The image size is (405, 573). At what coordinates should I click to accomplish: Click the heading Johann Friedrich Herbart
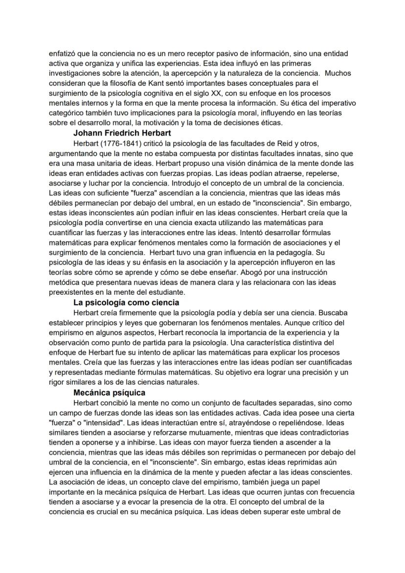(122, 133)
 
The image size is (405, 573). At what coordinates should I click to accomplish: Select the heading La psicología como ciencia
(126, 302)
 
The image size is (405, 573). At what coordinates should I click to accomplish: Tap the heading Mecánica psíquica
(109, 392)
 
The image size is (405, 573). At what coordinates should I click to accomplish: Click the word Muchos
(337, 73)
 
